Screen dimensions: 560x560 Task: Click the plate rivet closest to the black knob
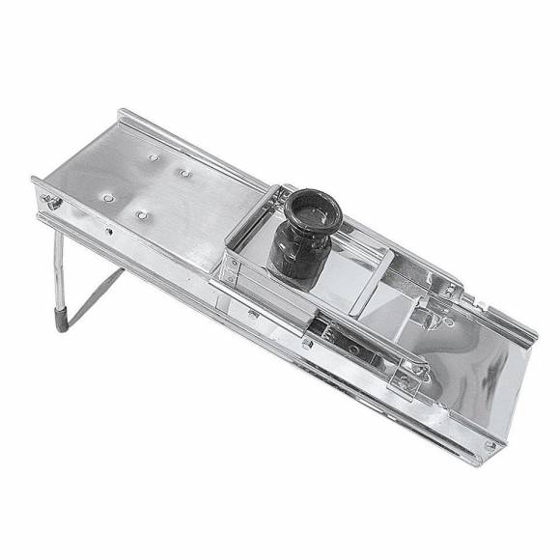(x=183, y=174)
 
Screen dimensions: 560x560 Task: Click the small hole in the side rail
(x=109, y=232)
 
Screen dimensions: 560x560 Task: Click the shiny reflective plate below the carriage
(x=473, y=386)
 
